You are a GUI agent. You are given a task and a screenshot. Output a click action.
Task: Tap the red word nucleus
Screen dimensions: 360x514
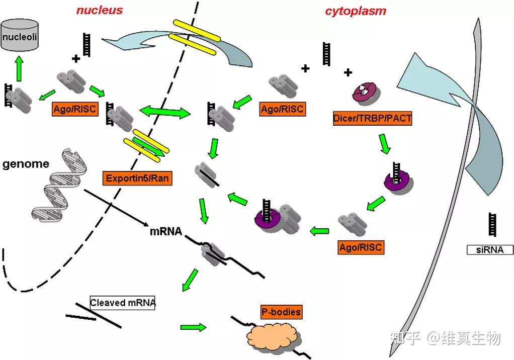(100, 10)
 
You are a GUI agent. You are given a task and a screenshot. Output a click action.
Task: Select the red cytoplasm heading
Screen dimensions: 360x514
(356, 10)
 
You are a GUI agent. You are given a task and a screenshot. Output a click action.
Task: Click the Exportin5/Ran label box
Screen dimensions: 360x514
(137, 178)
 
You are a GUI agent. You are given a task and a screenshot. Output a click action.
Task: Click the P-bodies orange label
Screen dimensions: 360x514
(281, 312)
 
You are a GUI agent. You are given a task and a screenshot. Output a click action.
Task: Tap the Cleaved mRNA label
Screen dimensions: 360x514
(122, 303)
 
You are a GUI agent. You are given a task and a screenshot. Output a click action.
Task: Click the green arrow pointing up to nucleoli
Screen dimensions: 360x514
(20, 70)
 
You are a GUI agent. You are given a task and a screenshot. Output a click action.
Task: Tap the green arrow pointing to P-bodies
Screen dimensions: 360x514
(193, 327)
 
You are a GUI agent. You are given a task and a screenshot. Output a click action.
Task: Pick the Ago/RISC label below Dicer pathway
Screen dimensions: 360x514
(361, 247)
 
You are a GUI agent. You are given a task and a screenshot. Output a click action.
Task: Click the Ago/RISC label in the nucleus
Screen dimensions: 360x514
(74, 108)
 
